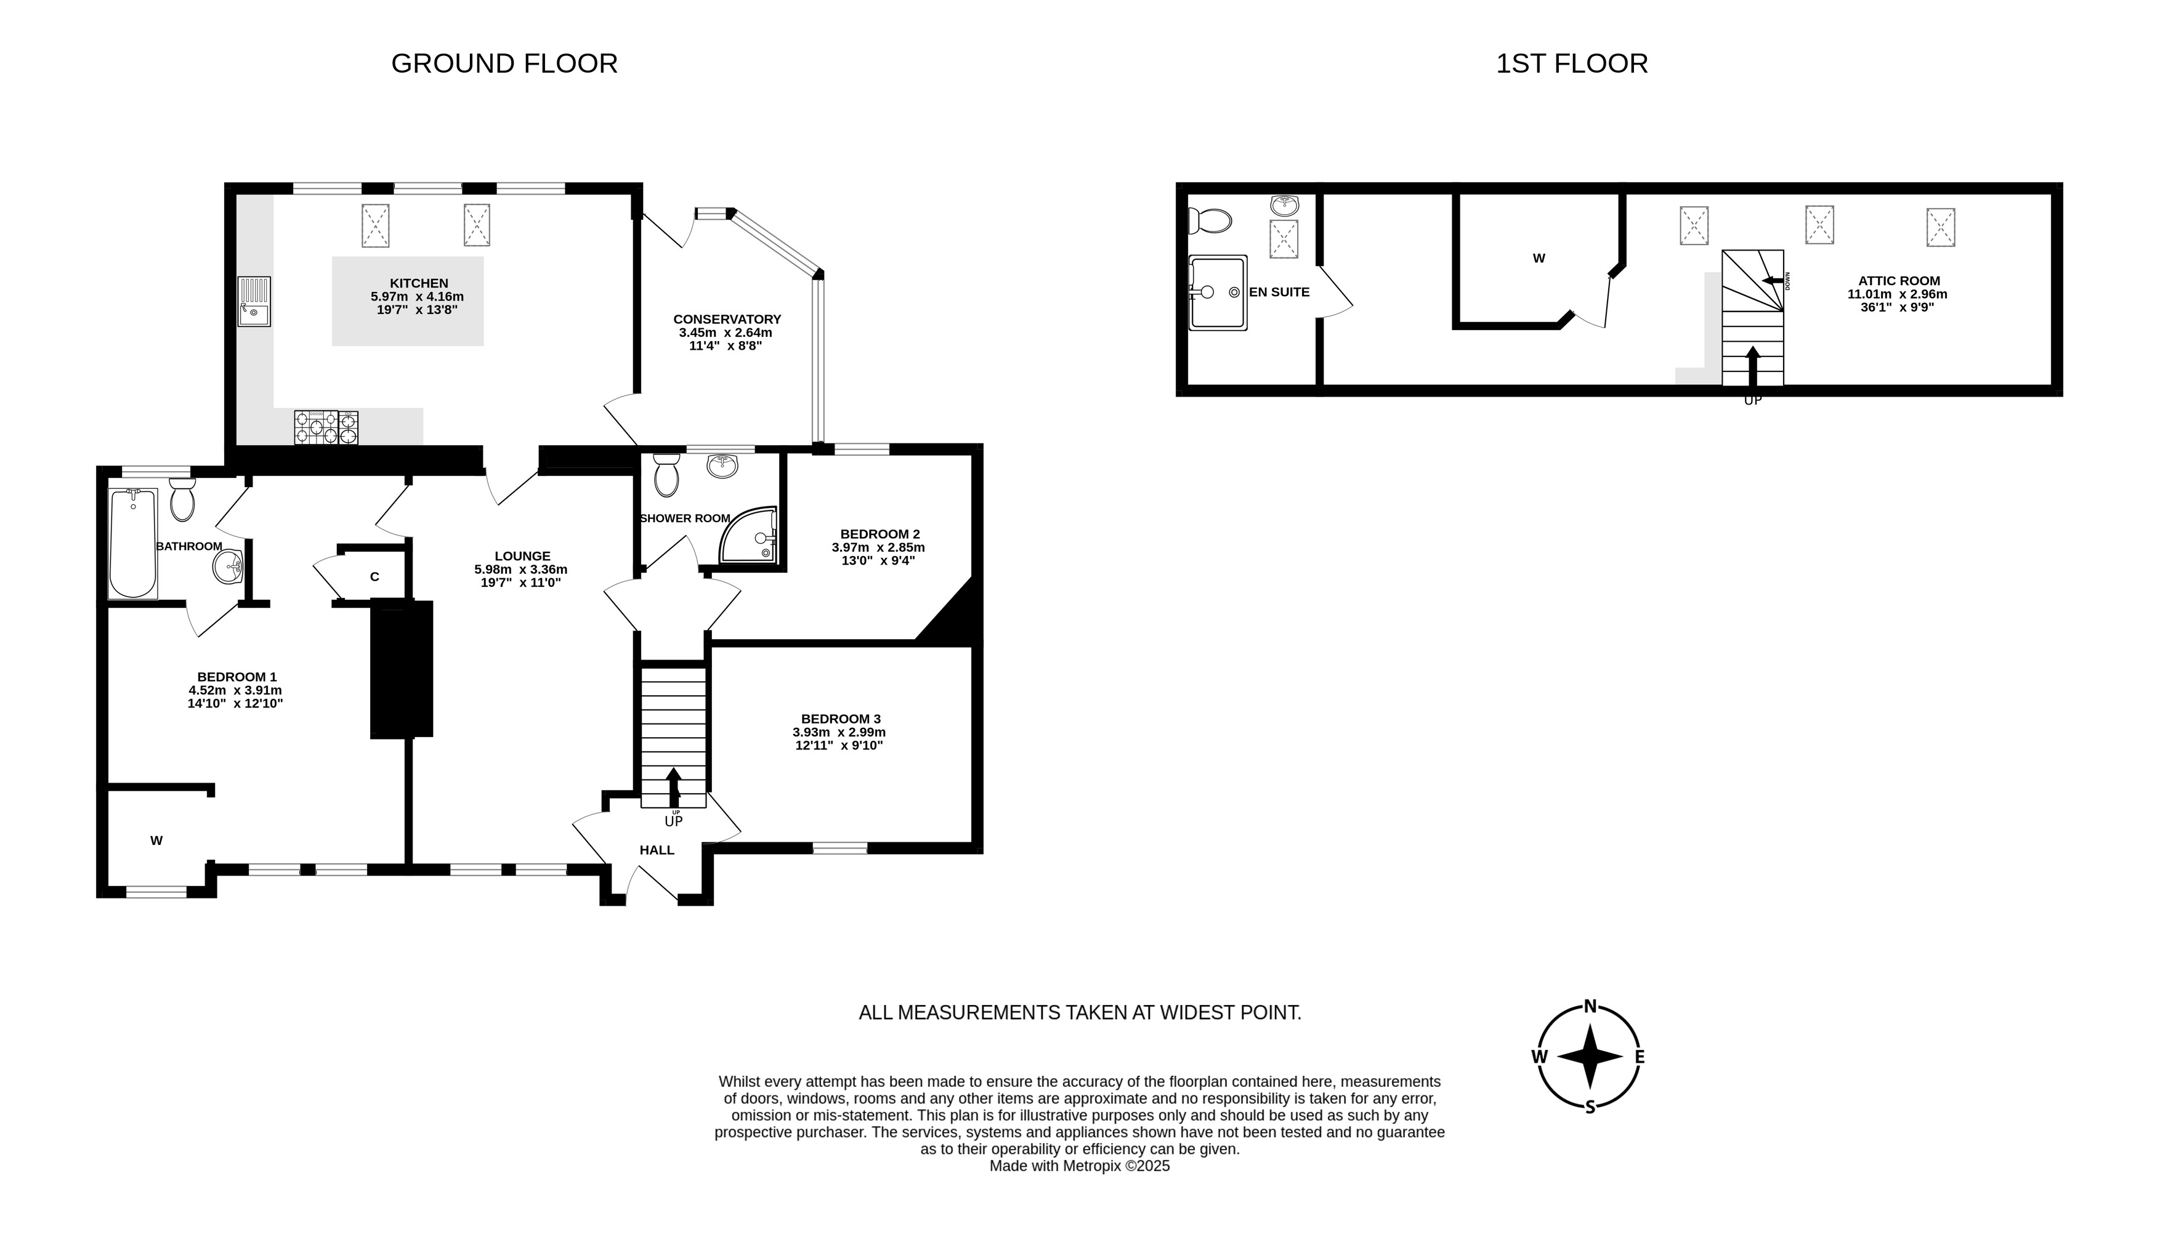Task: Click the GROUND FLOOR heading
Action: click(x=504, y=63)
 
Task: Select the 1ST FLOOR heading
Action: click(x=1572, y=63)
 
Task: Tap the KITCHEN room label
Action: click(x=419, y=283)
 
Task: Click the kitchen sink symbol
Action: click(x=254, y=302)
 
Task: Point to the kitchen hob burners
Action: click(x=326, y=427)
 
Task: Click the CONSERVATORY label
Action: click(x=727, y=320)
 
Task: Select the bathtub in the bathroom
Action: click(x=133, y=543)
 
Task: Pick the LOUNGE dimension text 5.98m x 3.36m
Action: click(x=520, y=570)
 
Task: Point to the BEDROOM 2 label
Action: click(x=880, y=534)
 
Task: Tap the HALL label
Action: click(x=657, y=850)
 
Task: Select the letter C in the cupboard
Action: click(x=374, y=577)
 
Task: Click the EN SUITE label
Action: click(x=1279, y=291)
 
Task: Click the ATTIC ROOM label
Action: click(x=1899, y=281)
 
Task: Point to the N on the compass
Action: click(x=1590, y=1006)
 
